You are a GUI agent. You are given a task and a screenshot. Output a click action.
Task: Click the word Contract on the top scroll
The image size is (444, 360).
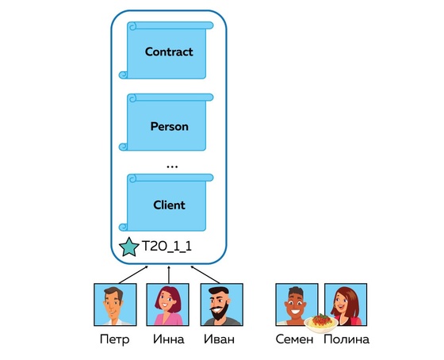tap(169, 52)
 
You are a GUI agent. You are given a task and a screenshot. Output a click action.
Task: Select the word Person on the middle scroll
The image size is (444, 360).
tap(170, 127)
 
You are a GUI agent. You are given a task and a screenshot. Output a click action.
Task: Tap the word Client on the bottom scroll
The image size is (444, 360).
tap(170, 205)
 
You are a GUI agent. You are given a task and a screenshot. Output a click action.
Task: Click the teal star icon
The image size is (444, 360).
tap(129, 247)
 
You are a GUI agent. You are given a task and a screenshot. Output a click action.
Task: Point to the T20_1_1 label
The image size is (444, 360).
tap(166, 247)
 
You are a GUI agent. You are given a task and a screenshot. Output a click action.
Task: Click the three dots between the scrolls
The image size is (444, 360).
tap(172, 167)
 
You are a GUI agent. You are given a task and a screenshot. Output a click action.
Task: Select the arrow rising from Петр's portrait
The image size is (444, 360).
tap(133, 274)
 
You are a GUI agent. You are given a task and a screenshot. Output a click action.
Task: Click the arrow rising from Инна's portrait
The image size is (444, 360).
tap(169, 274)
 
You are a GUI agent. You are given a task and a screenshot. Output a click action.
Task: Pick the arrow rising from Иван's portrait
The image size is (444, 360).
tap(205, 274)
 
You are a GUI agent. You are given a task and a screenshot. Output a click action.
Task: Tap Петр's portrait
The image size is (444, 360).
tap(115, 304)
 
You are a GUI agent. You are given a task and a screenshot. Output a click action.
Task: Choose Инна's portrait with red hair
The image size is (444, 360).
tap(167, 304)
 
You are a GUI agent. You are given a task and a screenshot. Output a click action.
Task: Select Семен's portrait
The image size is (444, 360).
tap(297, 304)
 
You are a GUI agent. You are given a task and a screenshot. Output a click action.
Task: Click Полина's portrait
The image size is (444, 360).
tap(346, 304)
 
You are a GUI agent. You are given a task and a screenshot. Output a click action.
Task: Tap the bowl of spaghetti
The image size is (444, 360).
tap(321, 323)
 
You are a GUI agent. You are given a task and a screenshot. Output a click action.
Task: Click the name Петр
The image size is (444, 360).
tap(115, 339)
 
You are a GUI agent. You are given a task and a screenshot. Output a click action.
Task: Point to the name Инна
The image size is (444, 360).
tap(168, 339)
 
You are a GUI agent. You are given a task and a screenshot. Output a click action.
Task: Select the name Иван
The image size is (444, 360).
tap(219, 339)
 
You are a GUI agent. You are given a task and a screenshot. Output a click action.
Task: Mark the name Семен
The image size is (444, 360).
tap(294, 339)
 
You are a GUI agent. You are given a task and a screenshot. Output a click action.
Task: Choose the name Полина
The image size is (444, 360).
tap(346, 339)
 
